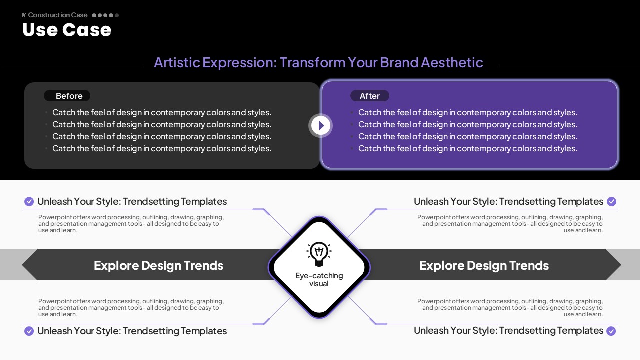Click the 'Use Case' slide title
(x=67, y=30)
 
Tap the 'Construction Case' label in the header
(x=57, y=15)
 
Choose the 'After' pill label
(x=369, y=96)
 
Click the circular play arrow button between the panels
(x=320, y=125)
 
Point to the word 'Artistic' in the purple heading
(x=177, y=62)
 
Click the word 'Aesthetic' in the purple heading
(x=452, y=62)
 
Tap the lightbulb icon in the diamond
(x=319, y=254)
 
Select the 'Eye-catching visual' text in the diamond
(x=319, y=279)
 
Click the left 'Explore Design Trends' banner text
(x=158, y=265)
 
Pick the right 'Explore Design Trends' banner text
(x=484, y=265)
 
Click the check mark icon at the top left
(x=29, y=201)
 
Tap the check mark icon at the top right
(x=611, y=201)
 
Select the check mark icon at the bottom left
(x=29, y=331)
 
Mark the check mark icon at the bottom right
(x=611, y=331)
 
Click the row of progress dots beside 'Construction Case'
(x=105, y=15)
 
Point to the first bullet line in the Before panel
(x=162, y=112)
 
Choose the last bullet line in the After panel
(x=468, y=148)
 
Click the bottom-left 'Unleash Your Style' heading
(x=132, y=331)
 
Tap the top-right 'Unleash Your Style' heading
(x=508, y=201)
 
